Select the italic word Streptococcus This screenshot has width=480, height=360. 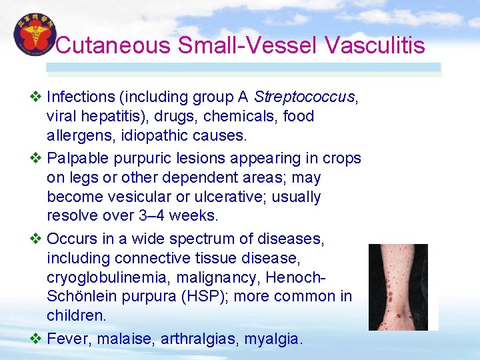pyautogui.click(x=305, y=97)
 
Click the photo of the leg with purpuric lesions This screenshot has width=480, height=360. pyautogui.click(x=398, y=287)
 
